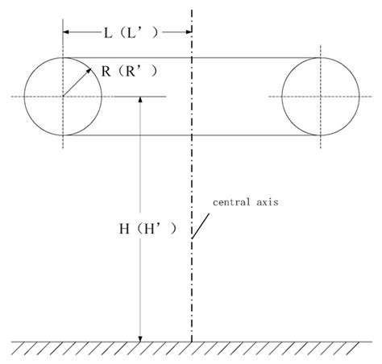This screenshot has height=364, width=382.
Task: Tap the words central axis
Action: pos(247,202)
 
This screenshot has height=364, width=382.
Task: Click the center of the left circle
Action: pos(63,96)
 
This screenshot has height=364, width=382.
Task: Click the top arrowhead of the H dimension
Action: pos(140,101)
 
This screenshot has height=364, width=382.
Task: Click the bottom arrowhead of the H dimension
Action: pos(140,337)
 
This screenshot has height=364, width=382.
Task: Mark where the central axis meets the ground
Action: pos(192,341)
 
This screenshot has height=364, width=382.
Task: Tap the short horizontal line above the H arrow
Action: pos(140,97)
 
